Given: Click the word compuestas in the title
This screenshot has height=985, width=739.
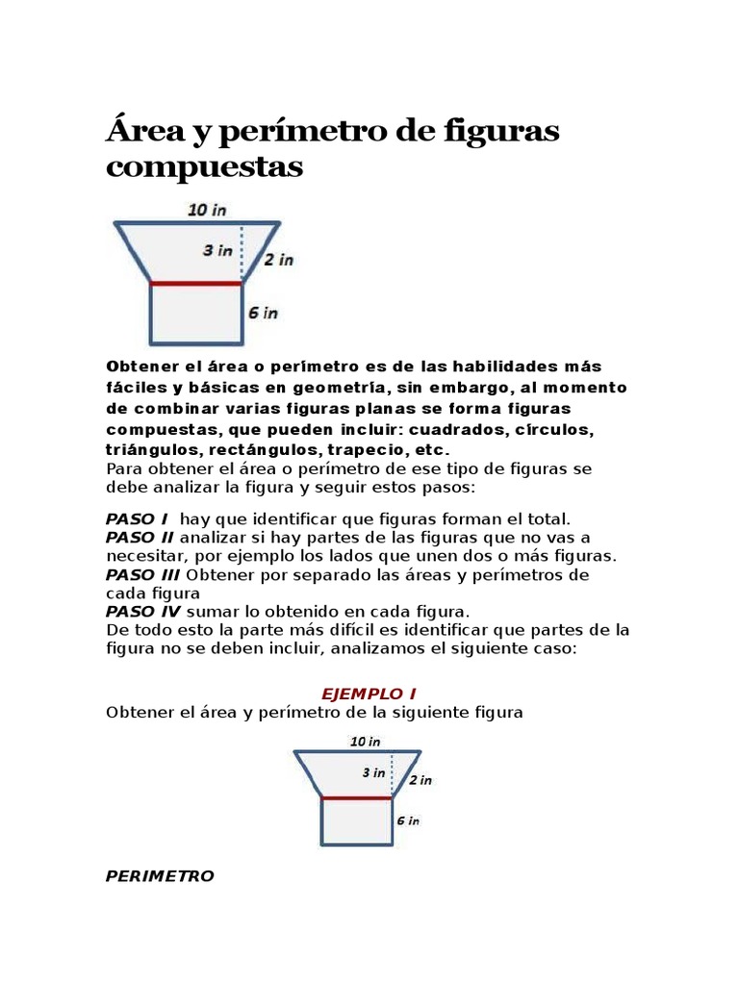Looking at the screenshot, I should point(204,168).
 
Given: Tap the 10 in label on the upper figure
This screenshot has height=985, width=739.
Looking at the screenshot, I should point(207,209).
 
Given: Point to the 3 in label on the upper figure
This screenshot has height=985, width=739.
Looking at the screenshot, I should point(217,250).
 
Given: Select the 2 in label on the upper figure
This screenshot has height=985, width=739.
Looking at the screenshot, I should point(279,259).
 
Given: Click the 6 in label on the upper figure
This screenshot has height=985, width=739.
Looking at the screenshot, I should point(264,313).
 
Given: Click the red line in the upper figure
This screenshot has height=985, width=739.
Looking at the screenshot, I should point(196,284).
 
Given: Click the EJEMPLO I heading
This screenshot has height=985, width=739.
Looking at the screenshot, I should point(369,694).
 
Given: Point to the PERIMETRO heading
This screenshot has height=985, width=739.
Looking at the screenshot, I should point(160,875).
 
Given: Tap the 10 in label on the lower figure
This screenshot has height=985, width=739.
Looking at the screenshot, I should point(365,741).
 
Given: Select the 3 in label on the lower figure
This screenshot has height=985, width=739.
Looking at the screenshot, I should point(373,772).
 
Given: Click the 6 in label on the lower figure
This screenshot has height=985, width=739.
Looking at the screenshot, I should point(408,821).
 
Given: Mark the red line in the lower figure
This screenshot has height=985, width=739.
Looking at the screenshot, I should point(356,798).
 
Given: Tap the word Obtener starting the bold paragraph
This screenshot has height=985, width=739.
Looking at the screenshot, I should point(143,366).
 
